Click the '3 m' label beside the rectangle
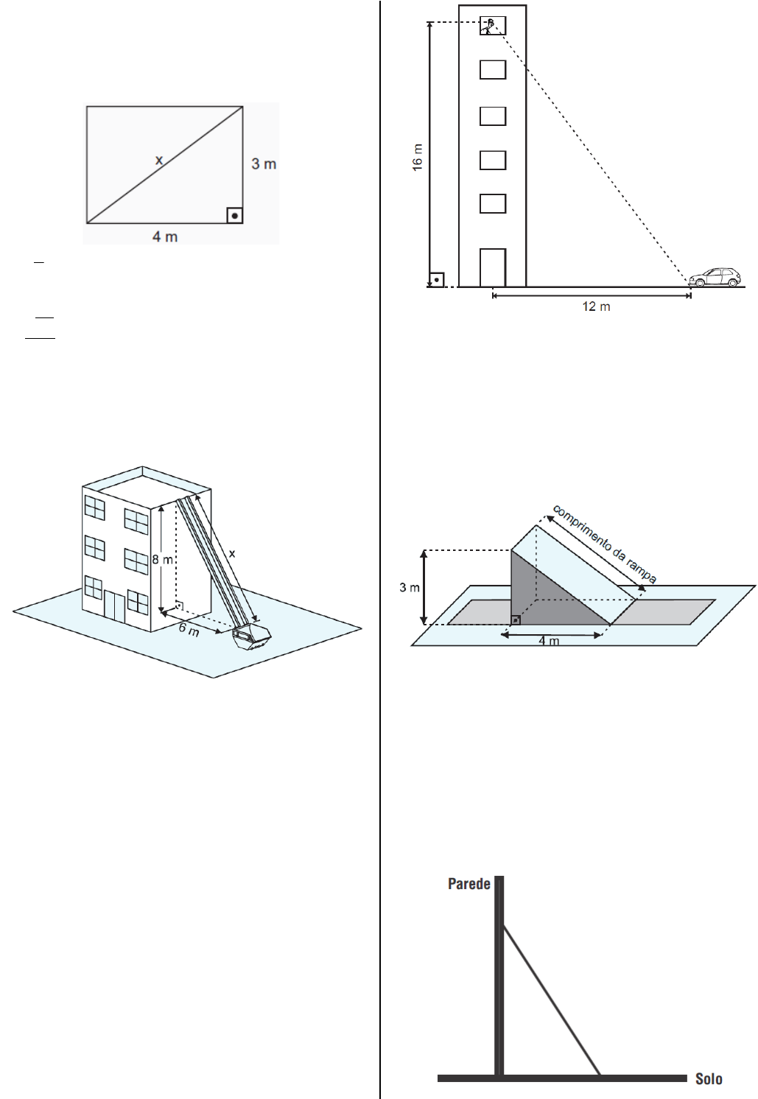click(264, 164)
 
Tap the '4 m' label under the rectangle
click(165, 236)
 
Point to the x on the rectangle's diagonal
click(158, 160)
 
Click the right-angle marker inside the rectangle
click(234, 215)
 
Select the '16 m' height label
click(417, 157)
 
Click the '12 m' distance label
click(596, 306)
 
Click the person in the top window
click(488, 26)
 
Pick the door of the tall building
click(493, 267)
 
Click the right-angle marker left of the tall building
click(437, 280)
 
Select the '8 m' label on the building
click(162, 559)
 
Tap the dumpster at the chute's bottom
click(252, 637)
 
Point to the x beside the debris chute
click(232, 554)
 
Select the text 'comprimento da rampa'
click(604, 544)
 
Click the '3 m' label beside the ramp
click(409, 587)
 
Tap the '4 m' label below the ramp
click(549, 641)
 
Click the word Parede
click(469, 884)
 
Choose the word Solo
click(709, 1079)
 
